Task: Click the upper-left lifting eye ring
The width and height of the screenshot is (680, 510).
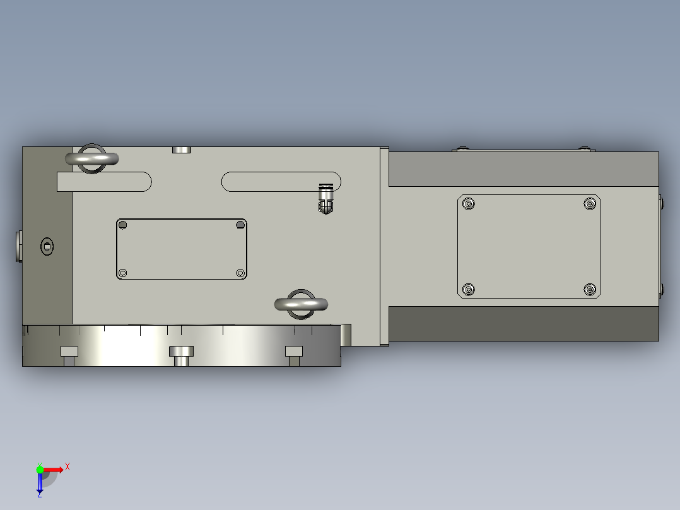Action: [x=92, y=159]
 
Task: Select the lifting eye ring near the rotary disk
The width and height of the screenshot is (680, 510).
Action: [x=302, y=304]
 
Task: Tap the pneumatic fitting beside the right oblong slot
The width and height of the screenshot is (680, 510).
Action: [x=325, y=199]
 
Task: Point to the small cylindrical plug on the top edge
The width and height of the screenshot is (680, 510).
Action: [x=182, y=150]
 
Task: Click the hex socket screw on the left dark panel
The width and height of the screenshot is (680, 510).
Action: [x=47, y=246]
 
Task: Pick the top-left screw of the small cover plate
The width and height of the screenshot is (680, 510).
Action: [x=123, y=225]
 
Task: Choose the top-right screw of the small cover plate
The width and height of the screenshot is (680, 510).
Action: [x=240, y=225]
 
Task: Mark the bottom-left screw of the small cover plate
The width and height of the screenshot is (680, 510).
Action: [x=123, y=273]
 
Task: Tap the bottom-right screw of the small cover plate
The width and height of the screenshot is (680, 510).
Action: [x=240, y=273]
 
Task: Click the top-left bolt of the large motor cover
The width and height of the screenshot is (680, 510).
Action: [x=468, y=203]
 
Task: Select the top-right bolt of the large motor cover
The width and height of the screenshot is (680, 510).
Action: [x=590, y=203]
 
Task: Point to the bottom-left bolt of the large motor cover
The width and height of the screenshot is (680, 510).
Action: [x=468, y=289]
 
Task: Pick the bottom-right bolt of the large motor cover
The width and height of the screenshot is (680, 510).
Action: [x=590, y=289]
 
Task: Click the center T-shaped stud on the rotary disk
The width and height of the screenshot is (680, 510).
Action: [x=181, y=354]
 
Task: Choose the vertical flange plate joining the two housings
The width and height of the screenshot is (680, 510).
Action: [x=384, y=246]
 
